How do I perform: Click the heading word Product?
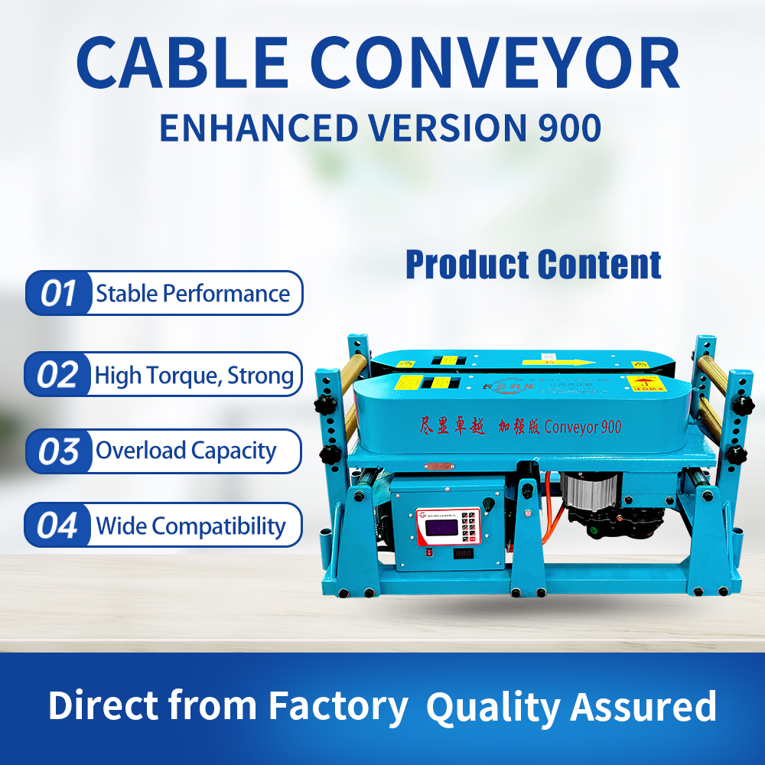click(467, 265)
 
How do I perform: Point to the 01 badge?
click(59, 294)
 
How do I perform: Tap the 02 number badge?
click(59, 375)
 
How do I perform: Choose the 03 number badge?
click(59, 451)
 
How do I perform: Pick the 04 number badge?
click(59, 526)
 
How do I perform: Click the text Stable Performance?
click(193, 294)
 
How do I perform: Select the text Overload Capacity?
click(186, 451)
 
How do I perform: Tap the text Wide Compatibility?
click(190, 526)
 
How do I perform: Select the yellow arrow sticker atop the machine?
click(558, 362)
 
